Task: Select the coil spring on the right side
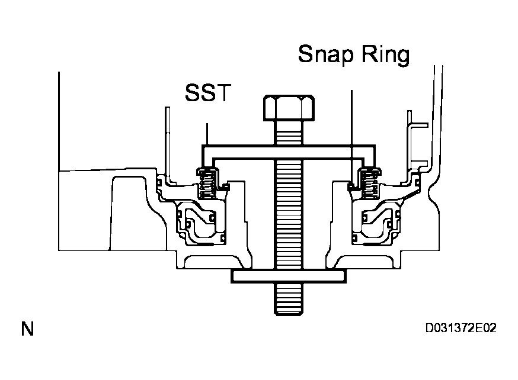click(x=370, y=183)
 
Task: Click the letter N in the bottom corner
click(x=27, y=329)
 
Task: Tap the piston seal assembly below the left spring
click(x=199, y=225)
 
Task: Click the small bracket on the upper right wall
click(x=417, y=142)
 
